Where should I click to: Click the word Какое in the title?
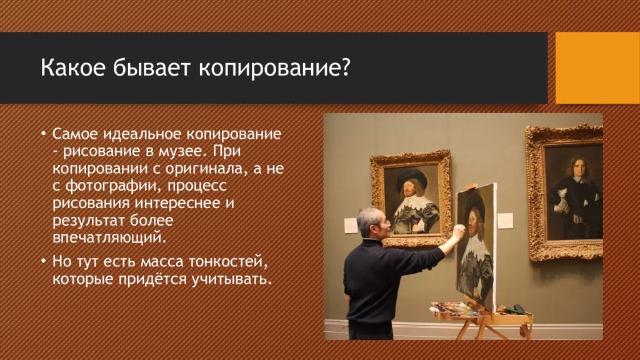(x=72, y=67)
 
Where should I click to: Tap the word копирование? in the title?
(x=274, y=69)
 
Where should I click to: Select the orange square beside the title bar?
(x=597, y=67)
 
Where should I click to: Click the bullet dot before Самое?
(x=44, y=134)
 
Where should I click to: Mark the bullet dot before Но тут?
(x=44, y=261)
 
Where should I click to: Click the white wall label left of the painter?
(x=351, y=226)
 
